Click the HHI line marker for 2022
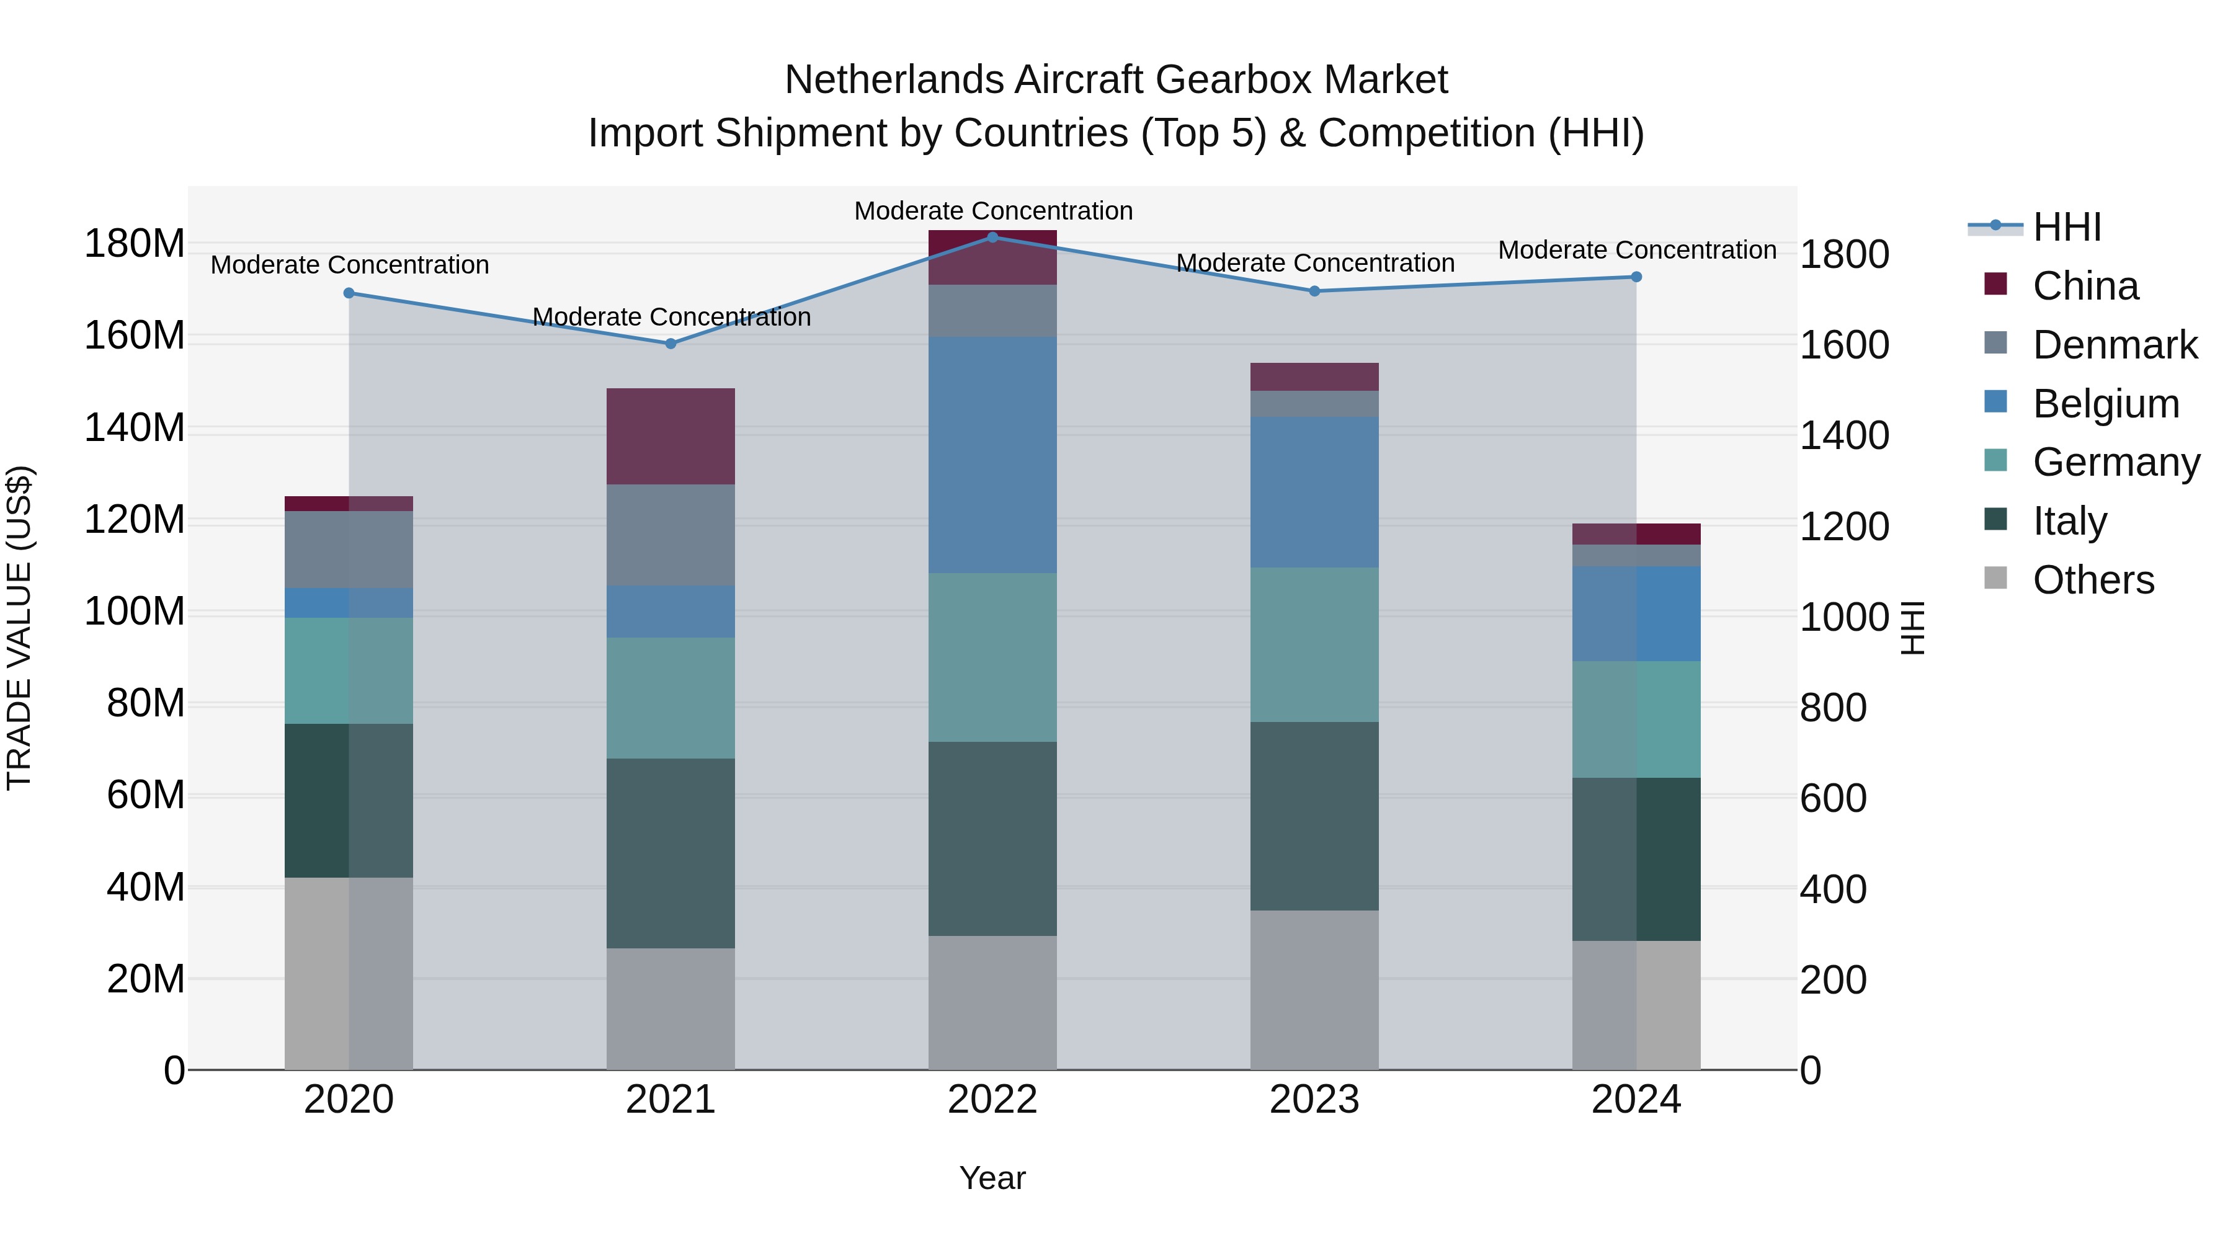[992, 237]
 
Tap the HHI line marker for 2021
[670, 343]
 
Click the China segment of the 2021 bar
[670, 436]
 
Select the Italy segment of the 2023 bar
[1314, 816]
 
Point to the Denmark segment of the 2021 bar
[670, 534]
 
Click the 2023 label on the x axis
[1314, 1100]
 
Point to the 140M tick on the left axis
[135, 428]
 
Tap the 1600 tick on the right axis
[1844, 345]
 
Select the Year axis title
[992, 1178]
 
